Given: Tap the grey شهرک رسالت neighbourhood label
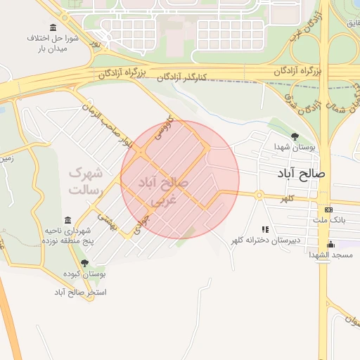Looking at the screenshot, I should pyautogui.click(x=86, y=181).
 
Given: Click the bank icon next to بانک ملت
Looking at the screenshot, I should pyautogui.click(x=328, y=210).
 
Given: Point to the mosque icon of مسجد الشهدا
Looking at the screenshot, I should pyautogui.click(x=330, y=245).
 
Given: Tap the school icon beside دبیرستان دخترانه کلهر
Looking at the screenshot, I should pyautogui.click(x=265, y=229).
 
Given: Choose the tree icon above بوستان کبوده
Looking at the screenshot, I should pyautogui.click(x=84, y=263).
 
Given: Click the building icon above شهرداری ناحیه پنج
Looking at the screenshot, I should pyautogui.click(x=67, y=220).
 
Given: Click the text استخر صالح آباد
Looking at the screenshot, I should pyautogui.click(x=82, y=291).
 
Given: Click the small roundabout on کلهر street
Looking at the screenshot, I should pyautogui.click(x=259, y=195).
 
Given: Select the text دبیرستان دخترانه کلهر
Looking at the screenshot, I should pyautogui.click(x=261, y=241).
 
